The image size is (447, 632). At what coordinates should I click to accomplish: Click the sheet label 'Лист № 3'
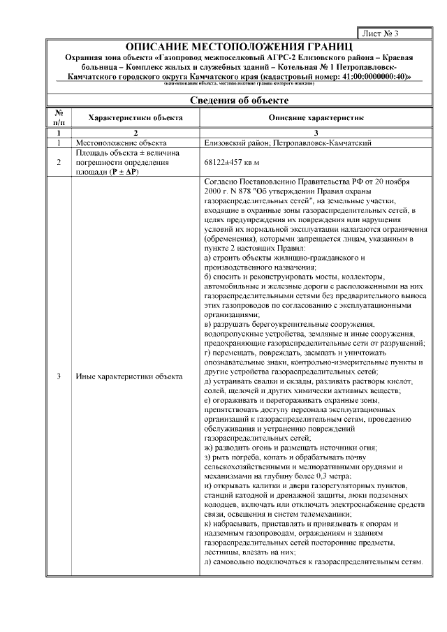(381, 33)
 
